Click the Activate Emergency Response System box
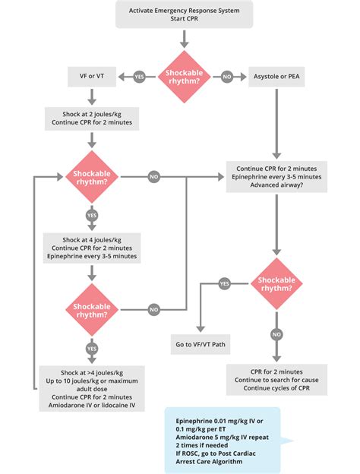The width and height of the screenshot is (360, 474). pyautogui.click(x=185, y=14)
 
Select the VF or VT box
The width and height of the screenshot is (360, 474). pyautogui.click(x=92, y=77)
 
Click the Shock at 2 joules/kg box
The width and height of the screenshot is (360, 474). pyautogui.click(x=92, y=116)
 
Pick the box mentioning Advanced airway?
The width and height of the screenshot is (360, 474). pyautogui.click(x=276, y=178)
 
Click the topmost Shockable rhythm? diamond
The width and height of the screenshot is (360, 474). pyautogui.click(x=185, y=76)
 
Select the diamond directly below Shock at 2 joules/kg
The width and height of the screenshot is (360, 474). pyautogui.click(x=92, y=177)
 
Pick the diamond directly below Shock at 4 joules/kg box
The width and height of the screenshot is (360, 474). pyautogui.click(x=92, y=308)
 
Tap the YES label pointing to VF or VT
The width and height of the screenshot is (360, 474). pyautogui.click(x=139, y=77)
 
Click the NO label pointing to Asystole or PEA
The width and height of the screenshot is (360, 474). pyautogui.click(x=227, y=77)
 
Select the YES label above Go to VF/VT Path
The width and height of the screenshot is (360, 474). pyautogui.click(x=225, y=283)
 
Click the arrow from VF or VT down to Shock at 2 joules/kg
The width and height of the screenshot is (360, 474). pyautogui.click(x=92, y=96)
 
